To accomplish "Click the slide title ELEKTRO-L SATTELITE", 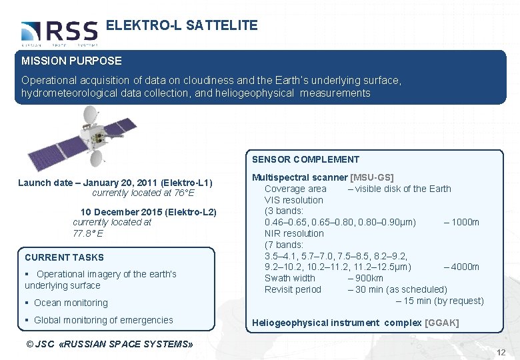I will [181, 26].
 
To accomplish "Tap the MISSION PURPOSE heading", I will [71, 61].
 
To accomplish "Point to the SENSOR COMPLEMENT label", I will [305, 159].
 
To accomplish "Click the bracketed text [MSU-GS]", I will [372, 177].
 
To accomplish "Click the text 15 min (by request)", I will [439, 301].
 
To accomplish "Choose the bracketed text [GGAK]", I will [441, 323].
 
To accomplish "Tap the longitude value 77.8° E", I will [87, 234].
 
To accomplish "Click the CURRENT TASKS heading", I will [64, 257].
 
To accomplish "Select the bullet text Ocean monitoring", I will [71, 303].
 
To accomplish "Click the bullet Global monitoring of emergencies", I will [103, 320].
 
